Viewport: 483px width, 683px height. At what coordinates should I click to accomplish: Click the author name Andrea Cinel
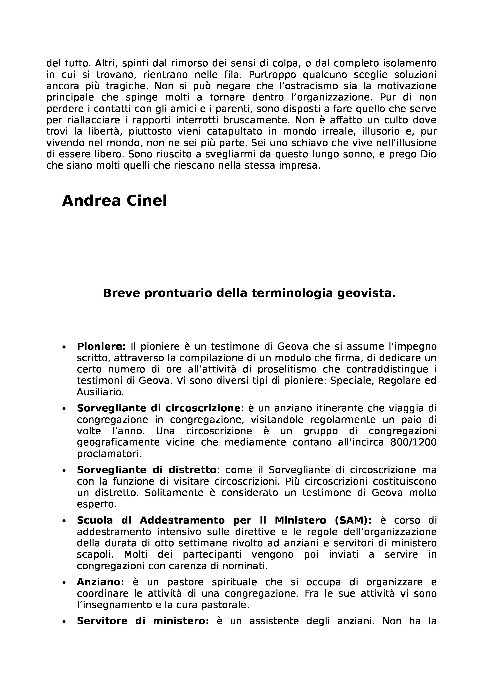(114, 201)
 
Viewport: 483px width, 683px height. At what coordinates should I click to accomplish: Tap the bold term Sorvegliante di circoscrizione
(158, 408)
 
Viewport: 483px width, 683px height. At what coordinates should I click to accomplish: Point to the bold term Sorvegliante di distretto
(146, 470)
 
